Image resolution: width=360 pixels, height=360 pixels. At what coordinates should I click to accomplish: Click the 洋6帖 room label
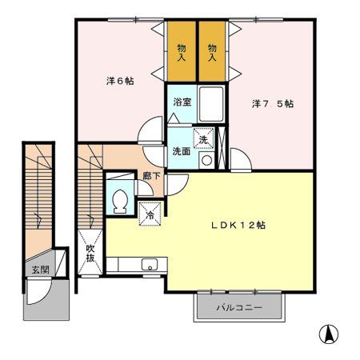[x=120, y=81]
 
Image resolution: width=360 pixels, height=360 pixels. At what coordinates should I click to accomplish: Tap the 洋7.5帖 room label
[x=273, y=103]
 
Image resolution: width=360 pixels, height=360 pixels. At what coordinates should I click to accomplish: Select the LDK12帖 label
[x=238, y=226]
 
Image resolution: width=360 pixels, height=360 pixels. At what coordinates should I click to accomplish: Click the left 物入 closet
[x=182, y=51]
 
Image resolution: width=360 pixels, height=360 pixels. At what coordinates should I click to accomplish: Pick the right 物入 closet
[x=212, y=51]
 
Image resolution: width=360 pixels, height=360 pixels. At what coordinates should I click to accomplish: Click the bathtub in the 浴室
[x=211, y=104]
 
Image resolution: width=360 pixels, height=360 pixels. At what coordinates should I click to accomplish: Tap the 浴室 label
[x=182, y=102]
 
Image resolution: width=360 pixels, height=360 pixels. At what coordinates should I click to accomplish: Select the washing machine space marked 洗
[x=203, y=138]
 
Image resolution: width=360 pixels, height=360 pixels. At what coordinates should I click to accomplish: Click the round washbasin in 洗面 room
[x=206, y=160]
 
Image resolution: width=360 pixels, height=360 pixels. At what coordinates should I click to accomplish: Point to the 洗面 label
[x=182, y=151]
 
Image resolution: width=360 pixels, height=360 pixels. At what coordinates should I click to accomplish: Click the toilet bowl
[x=120, y=202]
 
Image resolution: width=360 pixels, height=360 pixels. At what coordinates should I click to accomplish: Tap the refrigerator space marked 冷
[x=150, y=214]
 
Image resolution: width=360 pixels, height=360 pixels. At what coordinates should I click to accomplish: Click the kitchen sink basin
[x=150, y=265]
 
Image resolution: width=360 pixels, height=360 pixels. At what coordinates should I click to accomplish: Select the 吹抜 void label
[x=90, y=253]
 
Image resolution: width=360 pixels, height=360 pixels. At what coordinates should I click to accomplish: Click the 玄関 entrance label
[x=41, y=270]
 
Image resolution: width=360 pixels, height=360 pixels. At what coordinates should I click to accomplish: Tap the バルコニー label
[x=239, y=308]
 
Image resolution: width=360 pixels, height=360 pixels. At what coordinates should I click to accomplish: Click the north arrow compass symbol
[x=329, y=334]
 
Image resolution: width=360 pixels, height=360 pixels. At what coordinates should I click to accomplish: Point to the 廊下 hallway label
[x=151, y=176]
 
